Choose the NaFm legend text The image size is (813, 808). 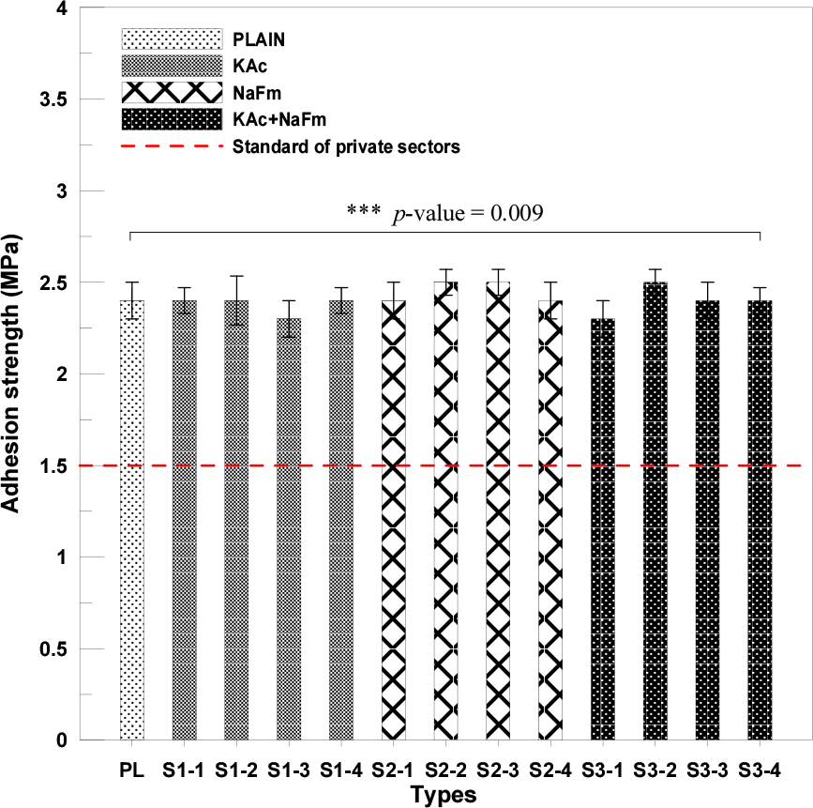pyautogui.click(x=257, y=93)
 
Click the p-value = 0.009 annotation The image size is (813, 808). pyautogui.click(x=468, y=213)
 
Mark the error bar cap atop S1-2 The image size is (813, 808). pyautogui.click(x=236, y=276)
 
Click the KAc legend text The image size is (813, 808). pyautogui.click(x=248, y=67)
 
